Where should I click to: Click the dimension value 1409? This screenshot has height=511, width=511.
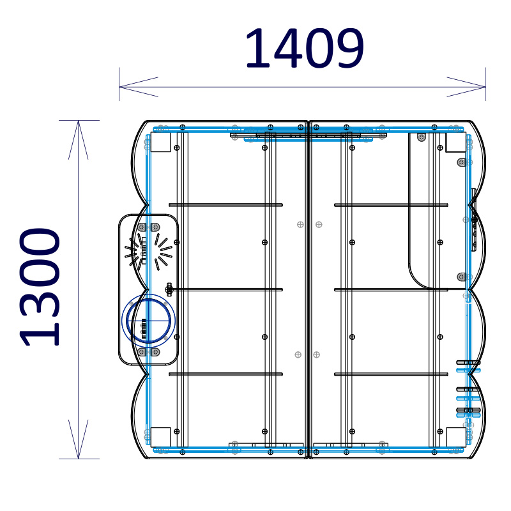tap(305, 49)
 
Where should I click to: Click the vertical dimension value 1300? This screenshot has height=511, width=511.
tap(40, 287)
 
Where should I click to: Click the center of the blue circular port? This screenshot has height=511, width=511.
tap(148, 321)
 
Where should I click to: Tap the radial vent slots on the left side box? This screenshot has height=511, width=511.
tap(148, 251)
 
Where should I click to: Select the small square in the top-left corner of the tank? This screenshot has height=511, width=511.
tap(161, 142)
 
